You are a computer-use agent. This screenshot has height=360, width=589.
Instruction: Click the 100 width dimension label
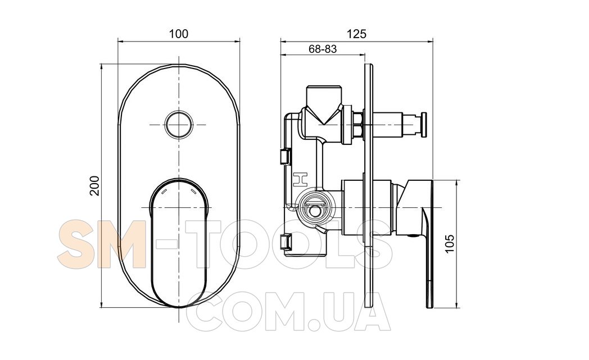click(179, 34)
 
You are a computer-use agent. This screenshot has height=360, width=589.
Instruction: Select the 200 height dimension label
click(95, 185)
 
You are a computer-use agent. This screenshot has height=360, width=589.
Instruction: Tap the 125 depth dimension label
click(356, 34)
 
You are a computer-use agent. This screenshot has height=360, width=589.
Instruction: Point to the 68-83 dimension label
click(323, 49)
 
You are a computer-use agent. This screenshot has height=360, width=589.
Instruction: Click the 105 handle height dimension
click(450, 244)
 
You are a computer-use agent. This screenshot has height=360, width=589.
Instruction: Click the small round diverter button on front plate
click(179, 125)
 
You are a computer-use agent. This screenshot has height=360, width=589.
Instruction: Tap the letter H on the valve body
click(300, 179)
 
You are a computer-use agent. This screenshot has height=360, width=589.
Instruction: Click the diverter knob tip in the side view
click(424, 125)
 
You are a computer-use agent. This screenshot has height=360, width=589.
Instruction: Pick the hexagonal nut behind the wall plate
click(358, 125)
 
